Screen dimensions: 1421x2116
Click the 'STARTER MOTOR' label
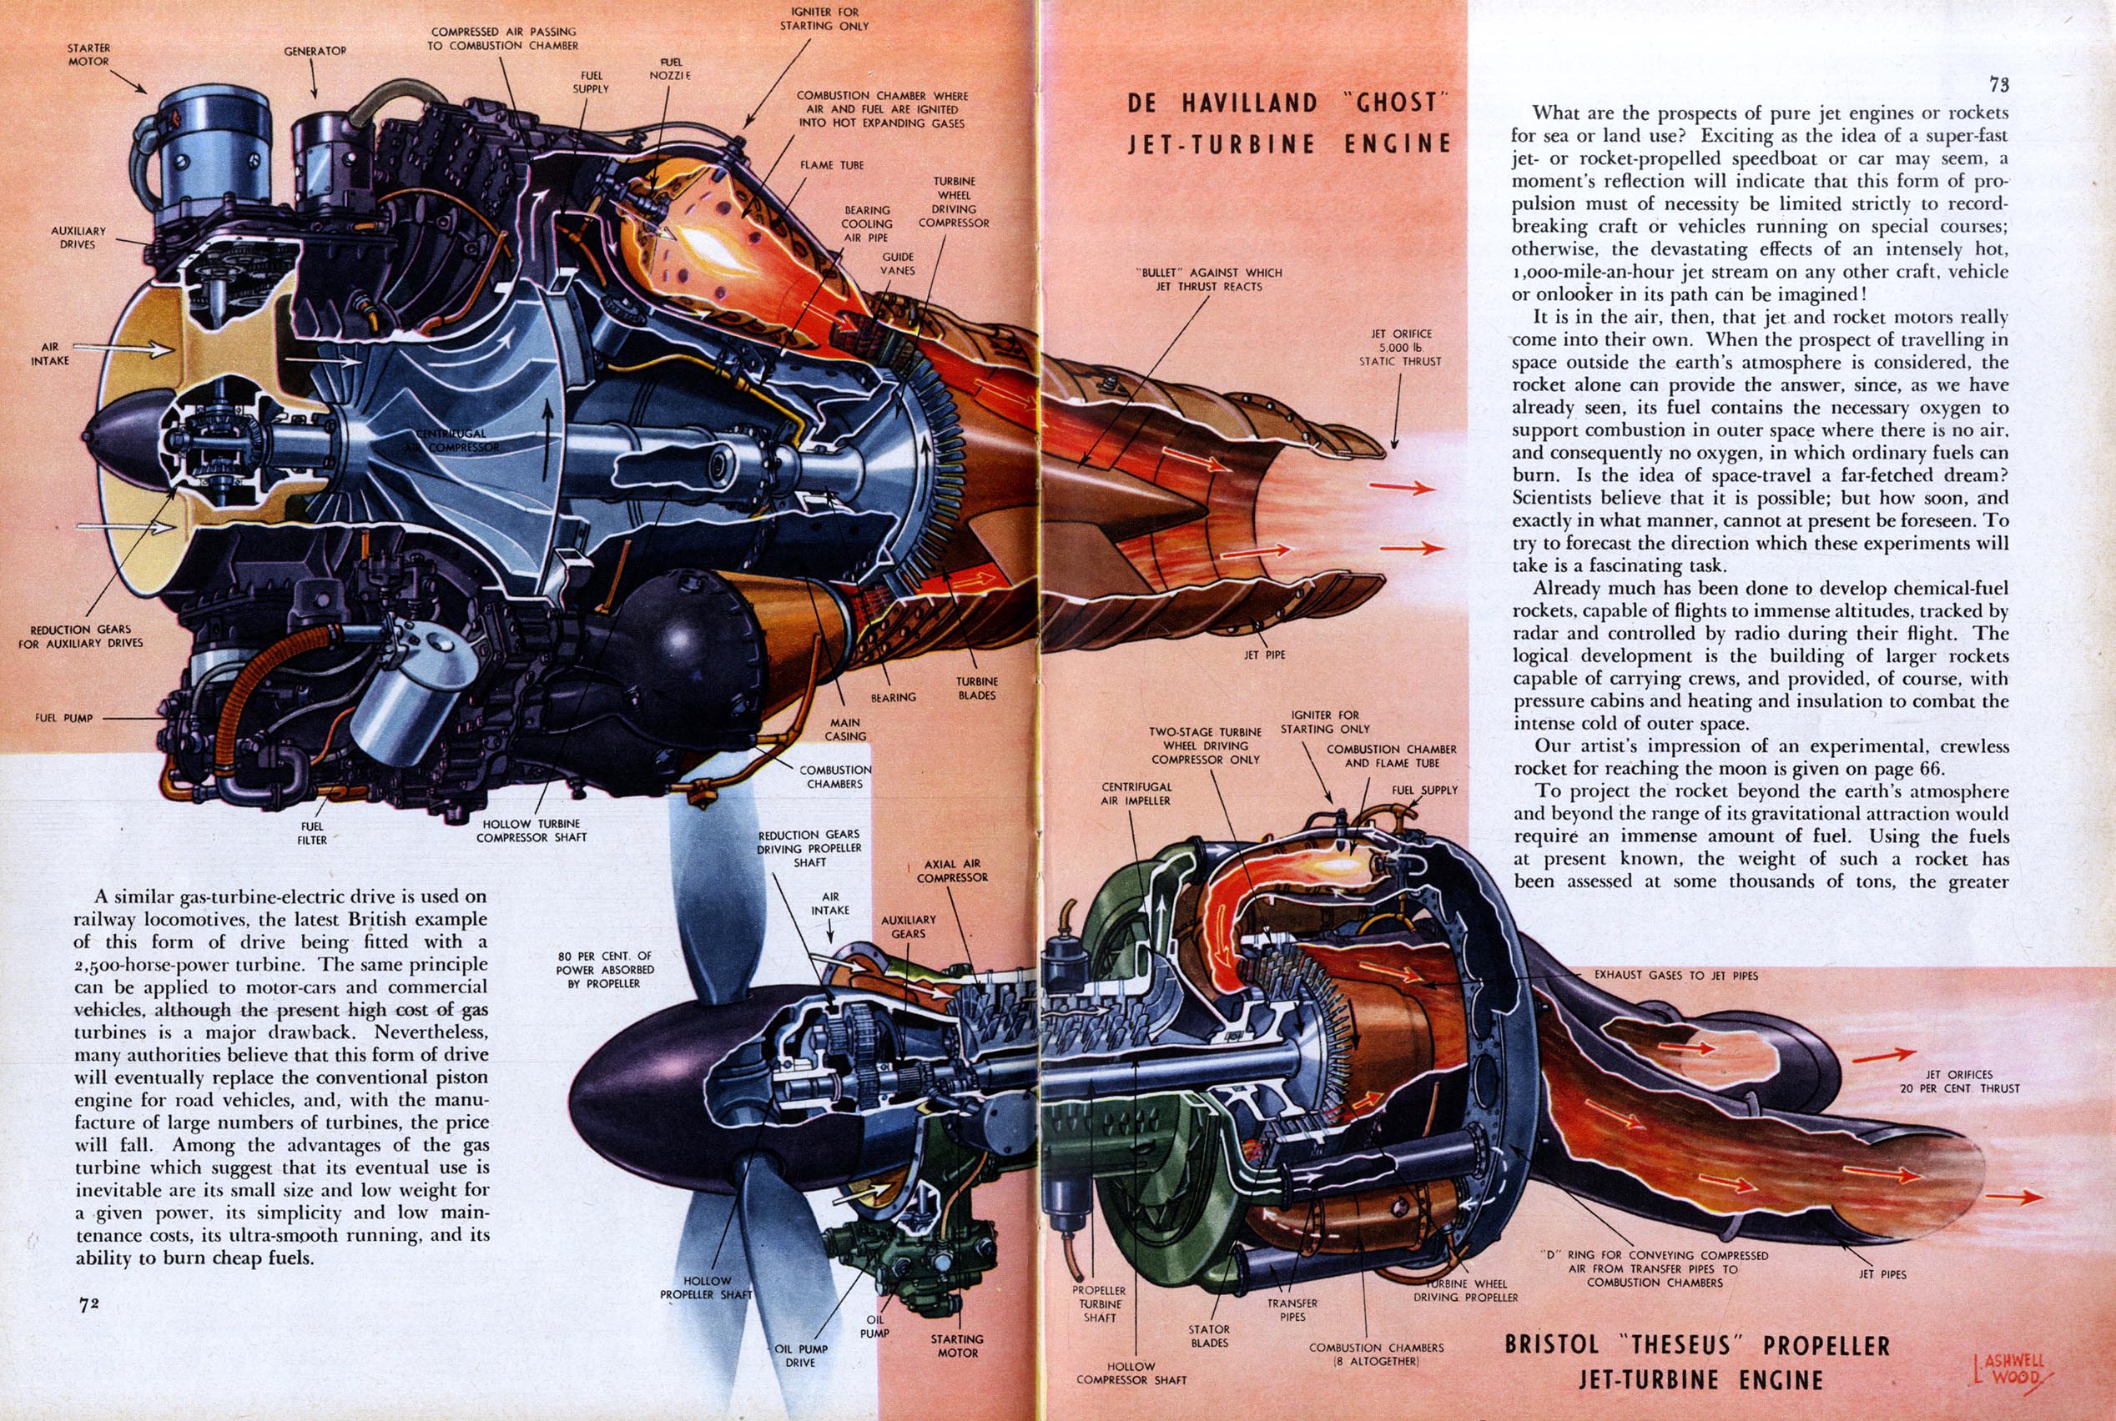coord(88,54)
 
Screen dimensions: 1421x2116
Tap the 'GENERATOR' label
coord(315,52)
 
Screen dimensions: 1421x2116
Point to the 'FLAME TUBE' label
coord(831,165)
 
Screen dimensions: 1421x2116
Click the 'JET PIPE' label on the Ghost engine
coord(1264,654)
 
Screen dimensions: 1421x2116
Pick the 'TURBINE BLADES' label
coord(976,688)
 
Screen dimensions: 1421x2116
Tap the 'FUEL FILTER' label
coord(312,833)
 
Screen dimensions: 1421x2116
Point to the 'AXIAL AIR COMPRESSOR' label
coord(952,871)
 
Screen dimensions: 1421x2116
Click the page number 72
coord(88,1305)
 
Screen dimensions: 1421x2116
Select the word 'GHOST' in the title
coord(1397,103)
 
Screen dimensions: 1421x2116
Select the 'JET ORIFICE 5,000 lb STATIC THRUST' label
coord(1401,347)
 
